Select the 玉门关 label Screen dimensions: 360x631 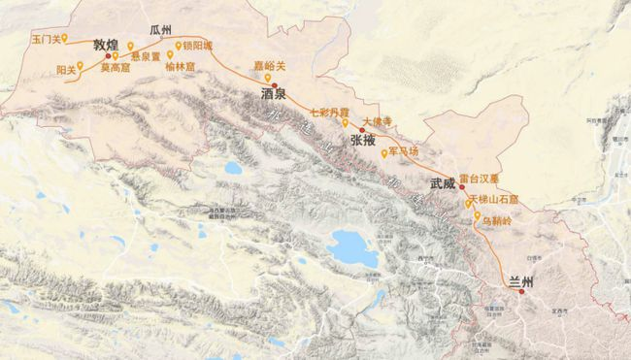point(47,40)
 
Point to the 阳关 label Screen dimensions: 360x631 point(66,70)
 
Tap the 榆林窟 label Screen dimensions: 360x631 point(182,67)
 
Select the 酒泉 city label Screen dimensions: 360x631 point(275,95)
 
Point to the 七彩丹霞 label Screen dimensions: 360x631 point(330,112)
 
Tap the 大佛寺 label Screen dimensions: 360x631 point(375,122)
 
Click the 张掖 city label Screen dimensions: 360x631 point(362,141)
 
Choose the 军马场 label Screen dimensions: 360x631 point(404,152)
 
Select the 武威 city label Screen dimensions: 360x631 point(442,182)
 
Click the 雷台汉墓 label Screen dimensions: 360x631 point(491,180)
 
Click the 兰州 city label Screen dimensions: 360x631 point(522,282)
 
